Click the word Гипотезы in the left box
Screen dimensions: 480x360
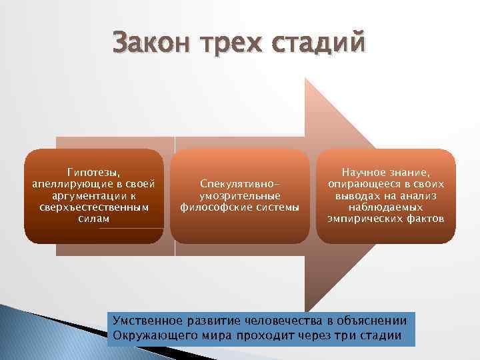(x=94, y=171)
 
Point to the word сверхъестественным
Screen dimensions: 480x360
(x=94, y=208)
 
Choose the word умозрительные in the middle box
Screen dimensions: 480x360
(x=239, y=196)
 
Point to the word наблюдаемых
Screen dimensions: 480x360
(x=385, y=208)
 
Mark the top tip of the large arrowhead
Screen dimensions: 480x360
(x=306, y=78)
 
